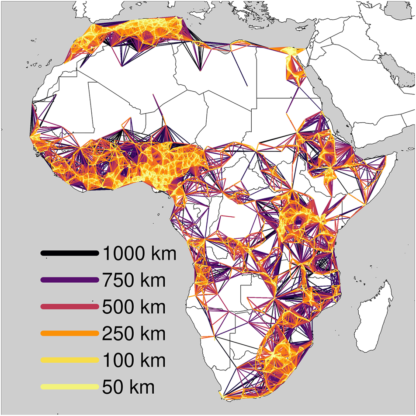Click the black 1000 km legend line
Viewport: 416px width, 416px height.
(69, 253)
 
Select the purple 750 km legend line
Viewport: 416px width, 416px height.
(69, 280)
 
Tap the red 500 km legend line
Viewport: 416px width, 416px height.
(69, 307)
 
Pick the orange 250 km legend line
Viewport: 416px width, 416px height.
(69, 333)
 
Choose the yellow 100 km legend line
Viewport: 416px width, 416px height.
(69, 360)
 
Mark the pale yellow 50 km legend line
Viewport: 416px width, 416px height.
(69, 387)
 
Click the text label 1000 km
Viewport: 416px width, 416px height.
(139, 253)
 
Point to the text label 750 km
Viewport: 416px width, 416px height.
(133, 280)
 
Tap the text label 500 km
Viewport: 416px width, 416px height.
(133, 307)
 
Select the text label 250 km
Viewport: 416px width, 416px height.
(133, 333)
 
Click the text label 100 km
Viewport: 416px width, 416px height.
(133, 360)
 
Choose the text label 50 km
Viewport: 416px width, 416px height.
(128, 387)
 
